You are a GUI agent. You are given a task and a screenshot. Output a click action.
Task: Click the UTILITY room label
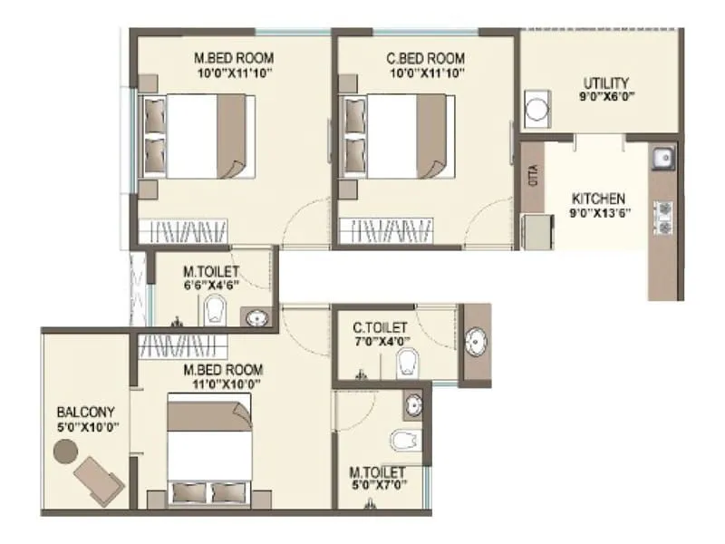606,83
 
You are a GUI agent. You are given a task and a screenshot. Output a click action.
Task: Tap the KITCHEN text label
598,199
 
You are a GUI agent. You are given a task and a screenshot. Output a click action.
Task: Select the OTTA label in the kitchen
533,176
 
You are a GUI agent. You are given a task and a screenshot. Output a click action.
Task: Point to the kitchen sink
663,158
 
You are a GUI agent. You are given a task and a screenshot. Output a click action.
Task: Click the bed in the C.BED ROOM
397,136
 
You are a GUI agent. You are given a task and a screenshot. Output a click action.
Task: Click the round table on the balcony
65,451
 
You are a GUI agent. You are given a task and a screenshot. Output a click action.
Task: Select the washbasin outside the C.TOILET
476,342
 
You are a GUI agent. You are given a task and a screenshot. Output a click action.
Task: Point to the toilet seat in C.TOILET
407,361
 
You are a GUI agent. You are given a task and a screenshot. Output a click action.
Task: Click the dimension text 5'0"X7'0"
379,485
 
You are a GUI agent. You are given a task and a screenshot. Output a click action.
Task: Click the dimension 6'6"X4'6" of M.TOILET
210,283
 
